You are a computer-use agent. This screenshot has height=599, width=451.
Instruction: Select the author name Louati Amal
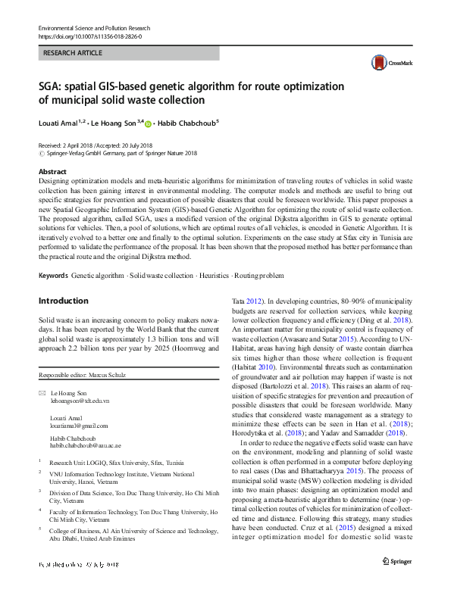60,122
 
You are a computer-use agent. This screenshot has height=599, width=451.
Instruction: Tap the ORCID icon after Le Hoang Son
148,123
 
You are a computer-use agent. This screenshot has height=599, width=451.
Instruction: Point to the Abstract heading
52,173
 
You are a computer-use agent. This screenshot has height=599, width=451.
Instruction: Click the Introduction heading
63,301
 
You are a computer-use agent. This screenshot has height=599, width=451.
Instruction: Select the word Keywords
53,275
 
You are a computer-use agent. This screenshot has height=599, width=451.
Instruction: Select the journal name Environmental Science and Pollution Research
95,28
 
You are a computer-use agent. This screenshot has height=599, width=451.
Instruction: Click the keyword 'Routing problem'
260,275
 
